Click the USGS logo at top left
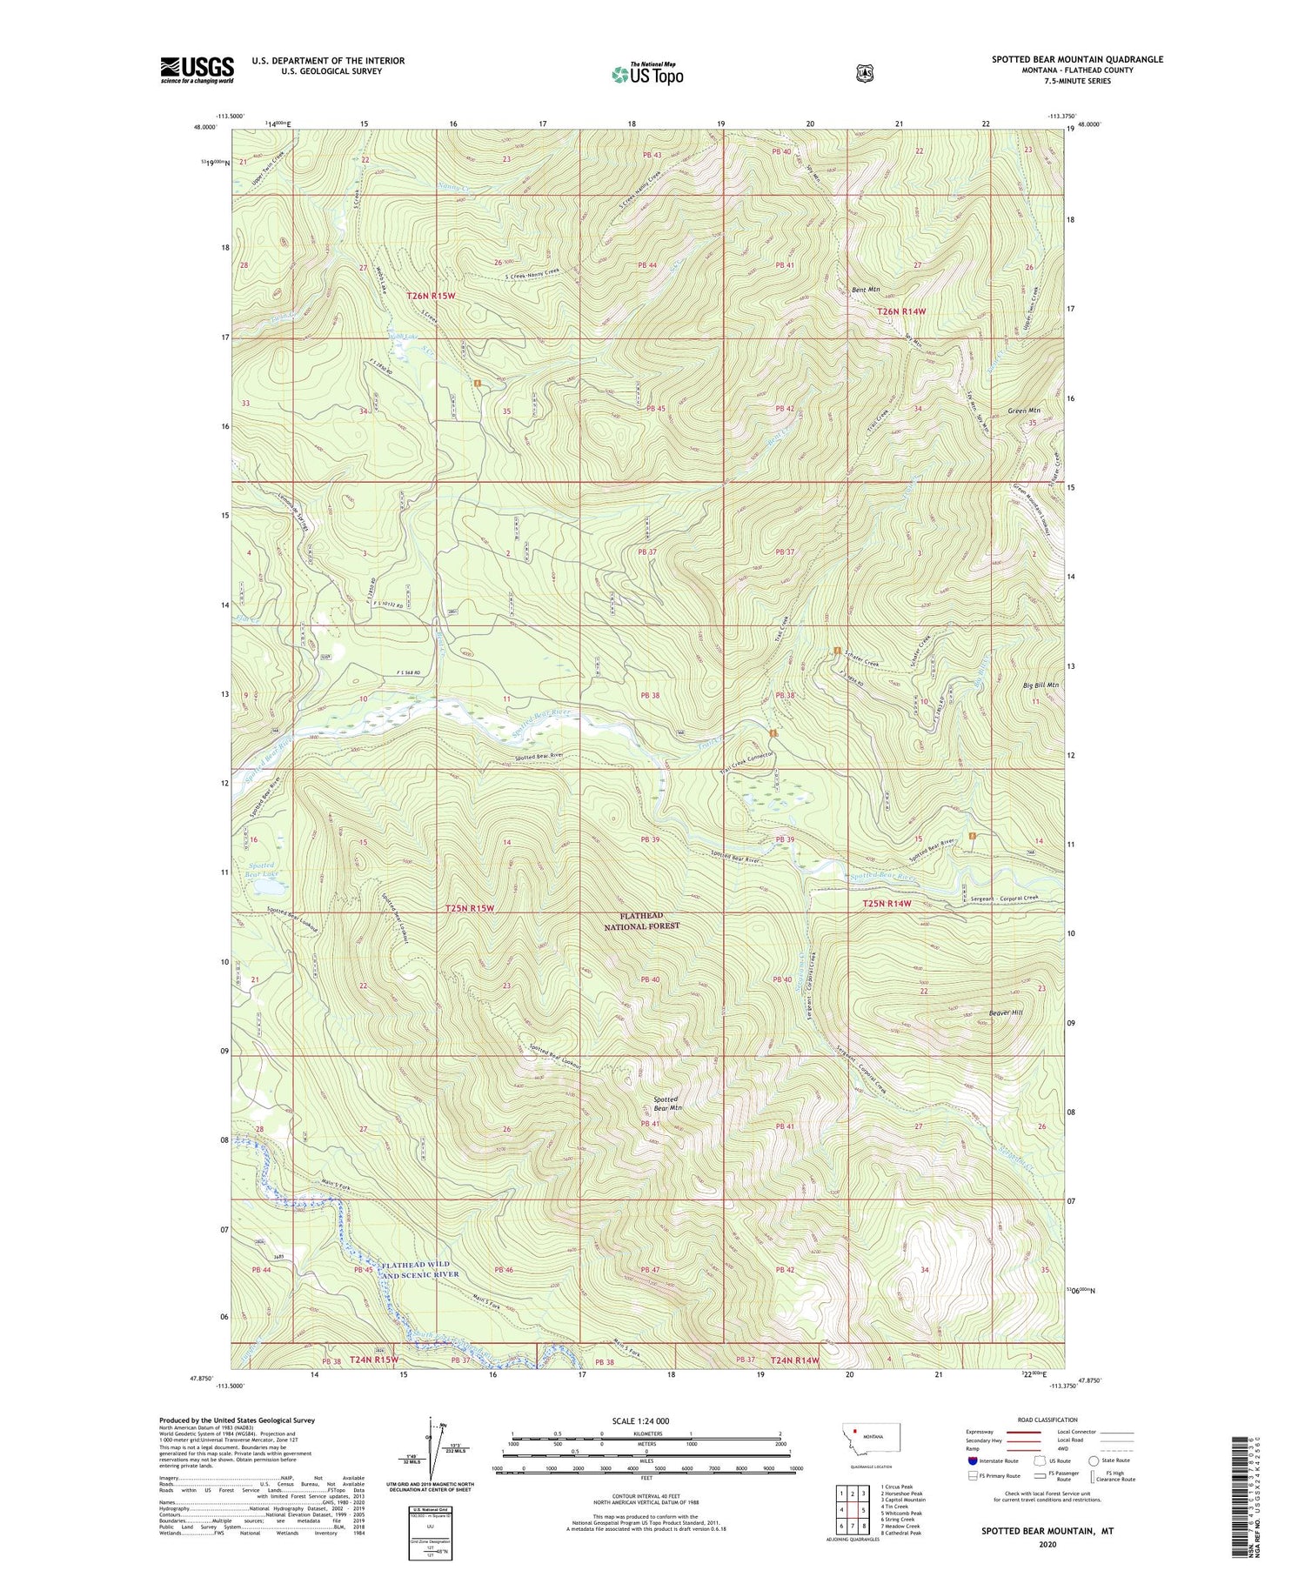tap(197, 70)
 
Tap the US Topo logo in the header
tap(647, 74)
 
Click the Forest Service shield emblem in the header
tap(864, 74)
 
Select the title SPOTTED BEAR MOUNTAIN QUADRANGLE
tap(1077, 59)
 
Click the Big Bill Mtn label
tap(1041, 685)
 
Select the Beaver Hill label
tap(1005, 1012)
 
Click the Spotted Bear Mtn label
tap(667, 1104)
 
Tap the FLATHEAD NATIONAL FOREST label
tap(642, 921)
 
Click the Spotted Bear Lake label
tap(261, 871)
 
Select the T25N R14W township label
tap(887, 904)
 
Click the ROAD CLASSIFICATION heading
tap(1028, 1420)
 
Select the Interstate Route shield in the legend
tap(972, 1460)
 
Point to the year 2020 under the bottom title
tap(1047, 1545)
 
